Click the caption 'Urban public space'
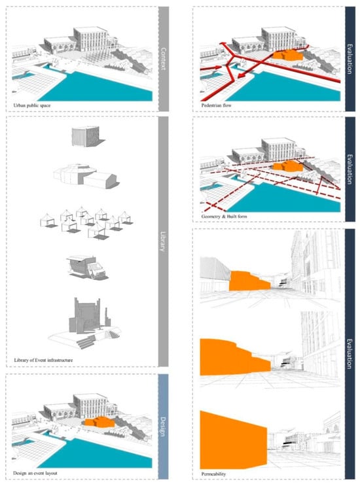pyautogui.click(x=31, y=105)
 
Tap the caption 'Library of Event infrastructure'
pyautogui.click(x=43, y=360)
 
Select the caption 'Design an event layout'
pyautogui.click(x=35, y=474)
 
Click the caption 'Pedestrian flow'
pyautogui.click(x=216, y=105)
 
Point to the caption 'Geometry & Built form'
pyautogui.click(x=225, y=217)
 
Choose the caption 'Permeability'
pyautogui.click(x=213, y=474)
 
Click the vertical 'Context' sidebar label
pyautogui.click(x=164, y=59)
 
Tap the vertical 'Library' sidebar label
pyautogui.click(x=163, y=241)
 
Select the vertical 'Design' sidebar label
pyautogui.click(x=163, y=427)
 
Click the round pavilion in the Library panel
pyautogui.click(x=84, y=176)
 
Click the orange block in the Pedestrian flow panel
pyautogui.click(x=287, y=55)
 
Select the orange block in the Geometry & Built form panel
pyautogui.click(x=287, y=166)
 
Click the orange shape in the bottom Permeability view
pyautogui.click(x=232, y=441)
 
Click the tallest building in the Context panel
pyautogui.click(x=91, y=39)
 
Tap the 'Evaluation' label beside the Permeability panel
pyautogui.click(x=350, y=354)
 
